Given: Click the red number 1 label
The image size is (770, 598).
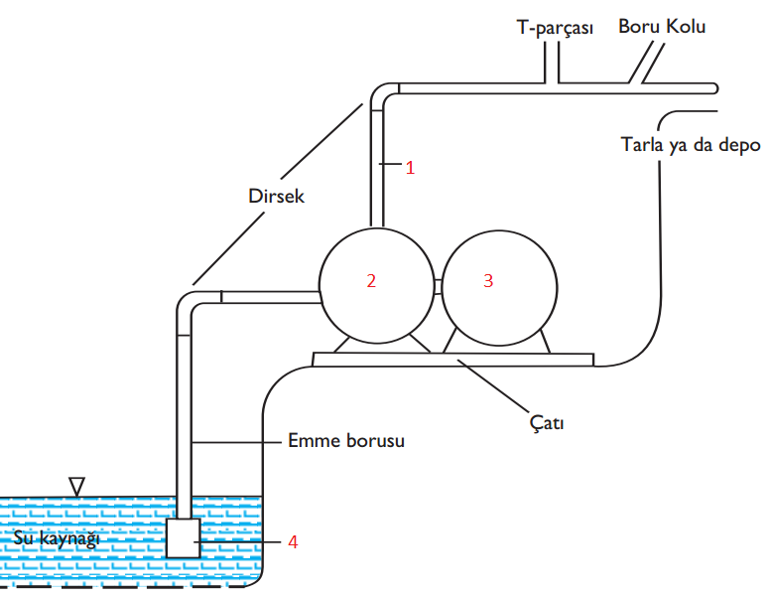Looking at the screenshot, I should (410, 168).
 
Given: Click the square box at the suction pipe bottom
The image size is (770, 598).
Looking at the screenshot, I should (184, 537).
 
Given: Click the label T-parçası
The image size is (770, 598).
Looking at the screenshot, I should (555, 28).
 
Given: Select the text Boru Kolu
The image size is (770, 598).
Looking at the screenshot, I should (662, 27).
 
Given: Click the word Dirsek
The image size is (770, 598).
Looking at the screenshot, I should (276, 196).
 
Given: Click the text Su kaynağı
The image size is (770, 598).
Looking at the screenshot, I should (57, 539).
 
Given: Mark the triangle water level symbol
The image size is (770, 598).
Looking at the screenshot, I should (76, 486).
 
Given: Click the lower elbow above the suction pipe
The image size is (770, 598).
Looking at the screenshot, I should (190, 302).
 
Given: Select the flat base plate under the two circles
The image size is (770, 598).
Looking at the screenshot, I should (453, 358).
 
